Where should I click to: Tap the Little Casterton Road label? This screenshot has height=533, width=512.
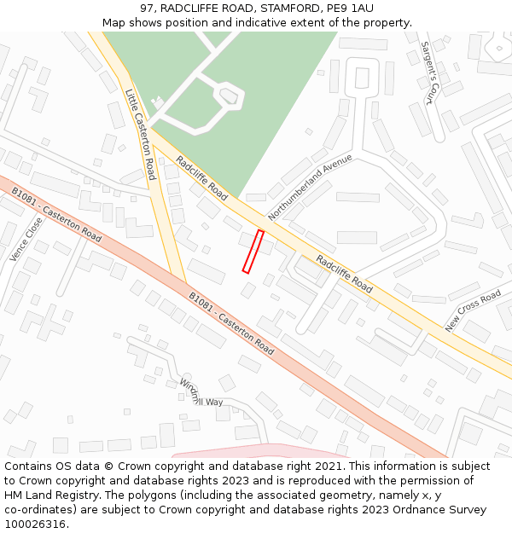(140, 134)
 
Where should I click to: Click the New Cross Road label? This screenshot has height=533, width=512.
(473, 311)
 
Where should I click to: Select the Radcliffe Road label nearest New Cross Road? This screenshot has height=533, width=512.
(344, 273)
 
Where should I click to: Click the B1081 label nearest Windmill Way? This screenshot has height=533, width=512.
(230, 323)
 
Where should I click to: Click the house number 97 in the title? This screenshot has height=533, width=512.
(147, 9)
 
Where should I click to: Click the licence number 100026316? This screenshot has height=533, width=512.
(36, 524)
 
